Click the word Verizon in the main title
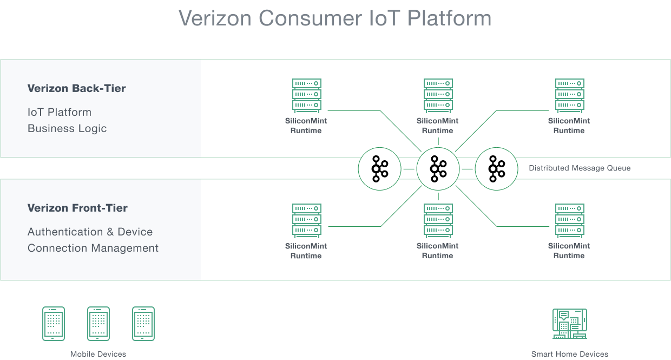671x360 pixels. [x=215, y=18]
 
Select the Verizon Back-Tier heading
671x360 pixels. [x=76, y=88]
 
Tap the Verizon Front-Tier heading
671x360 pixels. [x=77, y=208]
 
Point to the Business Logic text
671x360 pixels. [x=67, y=128]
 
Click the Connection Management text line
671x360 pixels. [x=93, y=248]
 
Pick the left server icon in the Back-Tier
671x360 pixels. [x=306, y=95]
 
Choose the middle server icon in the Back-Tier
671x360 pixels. [x=437, y=95]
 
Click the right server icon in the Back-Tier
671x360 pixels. [x=569, y=95]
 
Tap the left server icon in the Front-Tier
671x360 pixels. [x=306, y=220]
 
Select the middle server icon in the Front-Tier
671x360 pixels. [x=437, y=220]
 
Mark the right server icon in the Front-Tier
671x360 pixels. [x=569, y=220]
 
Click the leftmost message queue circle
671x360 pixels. [x=379, y=169]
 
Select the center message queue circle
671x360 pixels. [x=438, y=169]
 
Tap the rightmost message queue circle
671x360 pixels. [x=496, y=169]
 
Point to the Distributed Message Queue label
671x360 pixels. [x=580, y=168]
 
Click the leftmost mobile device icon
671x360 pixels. [x=54, y=324]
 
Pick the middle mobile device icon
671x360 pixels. [x=98, y=324]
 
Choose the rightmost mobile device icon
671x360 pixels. [x=143, y=324]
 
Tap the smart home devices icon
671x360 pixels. [x=569, y=324]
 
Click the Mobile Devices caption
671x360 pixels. [x=98, y=354]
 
